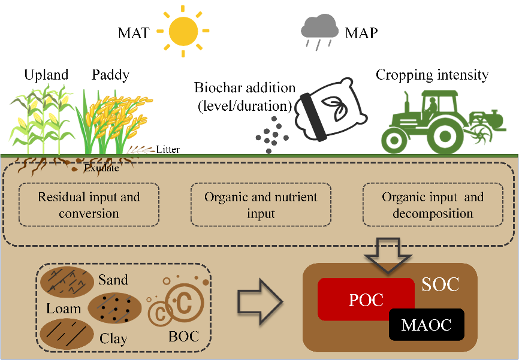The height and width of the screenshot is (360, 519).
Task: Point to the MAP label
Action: click(x=361, y=32)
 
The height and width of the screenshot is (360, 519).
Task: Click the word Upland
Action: click(x=46, y=75)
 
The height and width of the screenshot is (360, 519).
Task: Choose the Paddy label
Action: click(x=110, y=75)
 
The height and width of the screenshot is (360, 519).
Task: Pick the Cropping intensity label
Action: click(x=432, y=75)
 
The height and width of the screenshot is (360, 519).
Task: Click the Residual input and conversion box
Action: click(x=89, y=205)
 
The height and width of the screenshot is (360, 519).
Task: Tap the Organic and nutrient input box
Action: click(x=261, y=205)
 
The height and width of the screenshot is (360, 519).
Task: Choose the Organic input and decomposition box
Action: click(x=433, y=205)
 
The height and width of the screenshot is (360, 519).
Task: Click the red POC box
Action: click(x=366, y=299)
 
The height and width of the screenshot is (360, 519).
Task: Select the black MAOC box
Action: click(x=426, y=325)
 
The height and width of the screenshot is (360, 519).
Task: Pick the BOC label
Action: click(x=183, y=336)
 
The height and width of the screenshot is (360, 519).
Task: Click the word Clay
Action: click(x=113, y=338)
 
